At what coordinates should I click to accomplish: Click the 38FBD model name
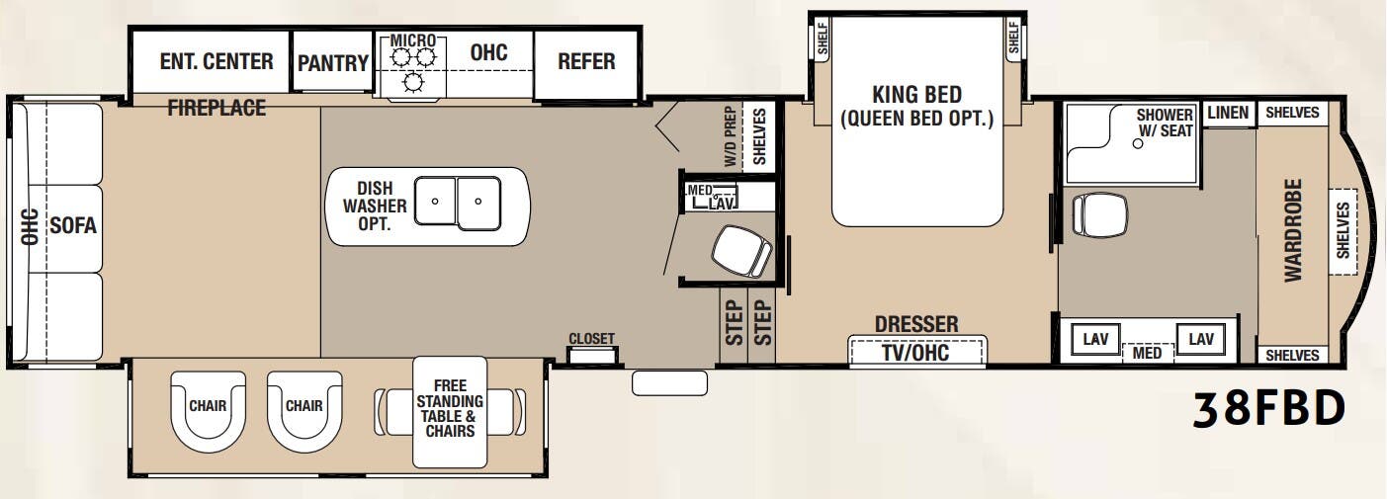[x=1268, y=409]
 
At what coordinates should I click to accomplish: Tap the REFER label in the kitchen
[x=586, y=61]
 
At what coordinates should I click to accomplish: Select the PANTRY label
[x=333, y=62]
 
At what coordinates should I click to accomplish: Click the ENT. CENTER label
[x=217, y=61]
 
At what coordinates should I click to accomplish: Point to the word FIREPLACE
[x=217, y=108]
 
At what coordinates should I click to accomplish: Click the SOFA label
[x=73, y=225]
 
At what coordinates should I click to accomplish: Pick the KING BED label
[x=917, y=95]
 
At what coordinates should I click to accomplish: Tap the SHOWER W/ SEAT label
[x=1165, y=123]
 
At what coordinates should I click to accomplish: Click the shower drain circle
[x=1138, y=143]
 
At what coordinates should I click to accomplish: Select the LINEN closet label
[x=1228, y=113]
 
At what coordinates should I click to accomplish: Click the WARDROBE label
[x=1293, y=230]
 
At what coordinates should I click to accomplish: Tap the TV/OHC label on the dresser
[x=915, y=353]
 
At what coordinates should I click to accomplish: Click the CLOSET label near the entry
[x=591, y=339]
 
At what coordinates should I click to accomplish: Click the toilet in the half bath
[x=741, y=251]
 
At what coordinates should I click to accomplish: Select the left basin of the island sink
[x=435, y=201]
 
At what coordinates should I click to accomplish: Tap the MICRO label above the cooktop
[x=413, y=41]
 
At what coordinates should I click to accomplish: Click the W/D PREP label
[x=731, y=136]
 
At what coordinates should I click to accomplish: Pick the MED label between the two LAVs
[x=1146, y=353]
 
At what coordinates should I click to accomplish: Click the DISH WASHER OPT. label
[x=375, y=206]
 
